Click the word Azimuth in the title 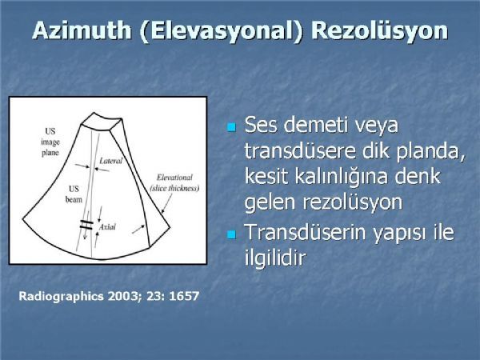pos(82,30)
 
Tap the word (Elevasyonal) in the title pos(221,31)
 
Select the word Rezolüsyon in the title pos(379,31)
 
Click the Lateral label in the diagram pos(111,161)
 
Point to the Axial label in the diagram pos(107,227)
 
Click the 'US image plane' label pos(50,142)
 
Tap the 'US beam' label pos(74,194)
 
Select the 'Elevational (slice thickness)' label pos(174,182)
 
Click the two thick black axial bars pos(86,225)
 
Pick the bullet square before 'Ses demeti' pos(232,127)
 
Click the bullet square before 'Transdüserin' pos(232,234)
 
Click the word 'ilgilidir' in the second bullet pos(275,257)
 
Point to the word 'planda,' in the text pos(430,151)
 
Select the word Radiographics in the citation pos(62,296)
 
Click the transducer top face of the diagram pos(102,122)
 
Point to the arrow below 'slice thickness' pos(167,203)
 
